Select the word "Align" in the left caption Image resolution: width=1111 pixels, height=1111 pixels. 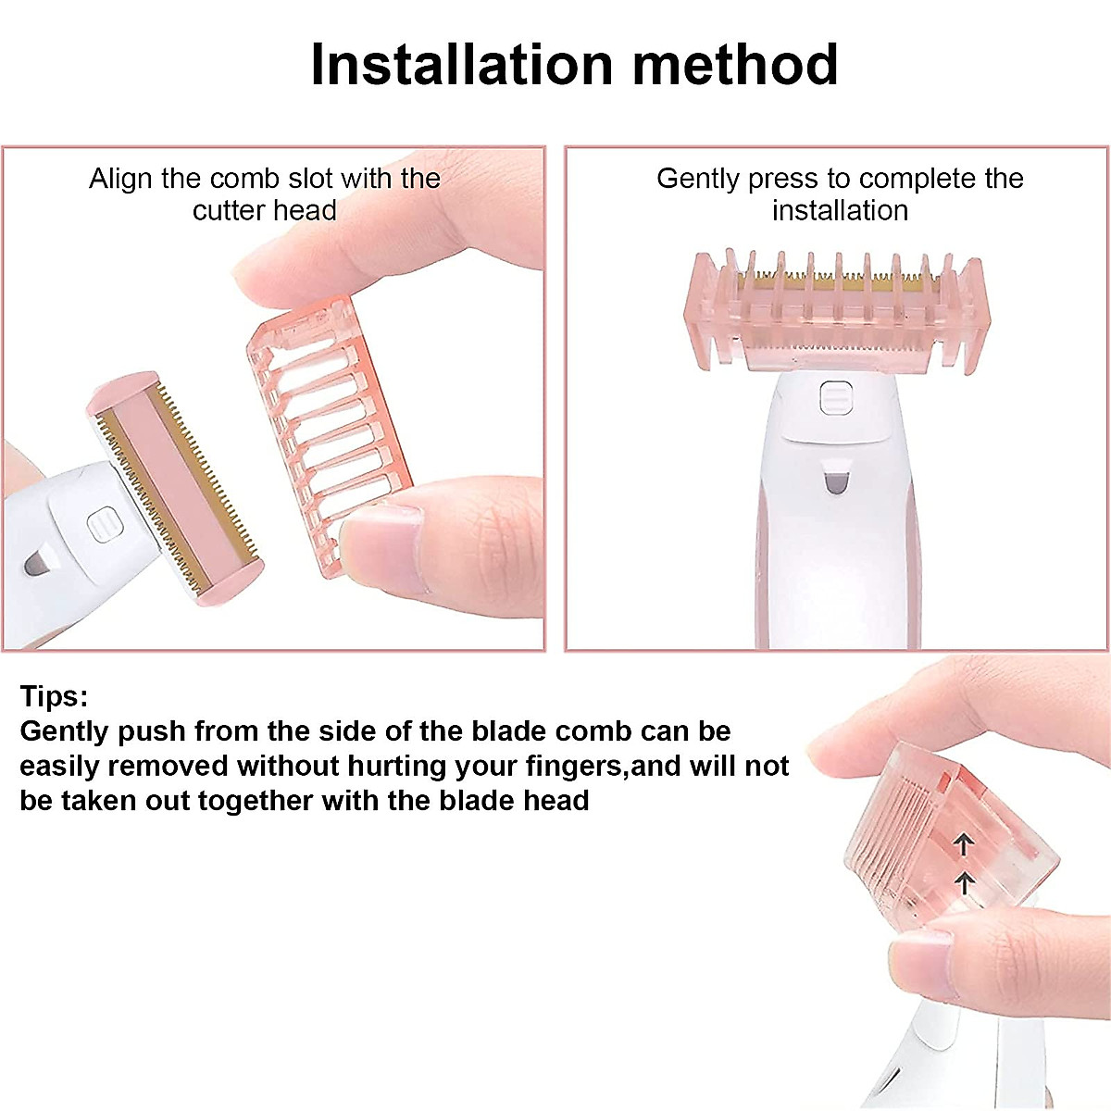click(121, 178)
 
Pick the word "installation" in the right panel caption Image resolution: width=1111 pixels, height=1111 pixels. click(840, 210)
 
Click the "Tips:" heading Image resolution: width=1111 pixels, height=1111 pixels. click(54, 696)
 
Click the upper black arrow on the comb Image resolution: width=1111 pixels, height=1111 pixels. click(964, 843)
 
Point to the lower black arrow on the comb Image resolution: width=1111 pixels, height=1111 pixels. click(964, 881)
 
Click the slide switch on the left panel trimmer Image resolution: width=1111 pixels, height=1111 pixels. click(104, 526)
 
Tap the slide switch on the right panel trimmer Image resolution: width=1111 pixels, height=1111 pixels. click(832, 398)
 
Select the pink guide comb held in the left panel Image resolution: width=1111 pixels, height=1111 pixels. click(329, 407)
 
